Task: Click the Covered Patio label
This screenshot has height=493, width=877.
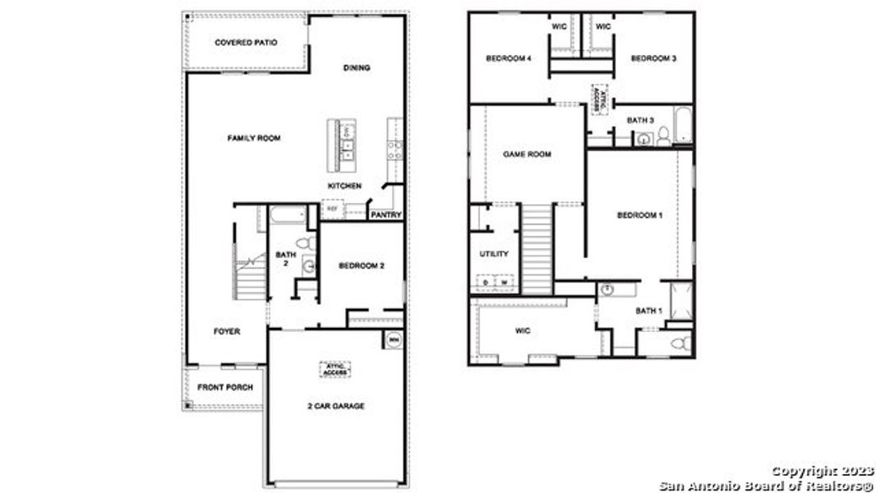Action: point(246,43)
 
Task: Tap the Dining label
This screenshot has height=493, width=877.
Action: point(356,68)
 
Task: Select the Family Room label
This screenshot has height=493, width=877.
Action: point(253,138)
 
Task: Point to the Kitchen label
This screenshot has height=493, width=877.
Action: point(344,186)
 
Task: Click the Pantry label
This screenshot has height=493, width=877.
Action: point(385,215)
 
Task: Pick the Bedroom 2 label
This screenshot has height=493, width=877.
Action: point(362,266)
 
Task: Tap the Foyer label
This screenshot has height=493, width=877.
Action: point(227,332)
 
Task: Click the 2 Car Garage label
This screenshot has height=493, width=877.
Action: point(335,406)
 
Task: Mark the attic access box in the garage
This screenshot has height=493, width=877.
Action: point(335,370)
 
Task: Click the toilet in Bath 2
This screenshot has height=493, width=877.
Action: point(303,244)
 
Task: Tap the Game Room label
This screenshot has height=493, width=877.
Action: point(527,154)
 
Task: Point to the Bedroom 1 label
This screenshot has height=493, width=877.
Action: point(639,215)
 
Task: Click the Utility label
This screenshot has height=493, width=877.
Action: point(494,254)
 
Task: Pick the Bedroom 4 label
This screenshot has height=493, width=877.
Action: point(509,58)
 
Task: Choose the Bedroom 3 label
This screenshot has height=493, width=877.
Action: point(653,58)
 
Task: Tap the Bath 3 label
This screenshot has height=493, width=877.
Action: point(640,121)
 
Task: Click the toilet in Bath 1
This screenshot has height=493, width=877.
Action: point(679,343)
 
